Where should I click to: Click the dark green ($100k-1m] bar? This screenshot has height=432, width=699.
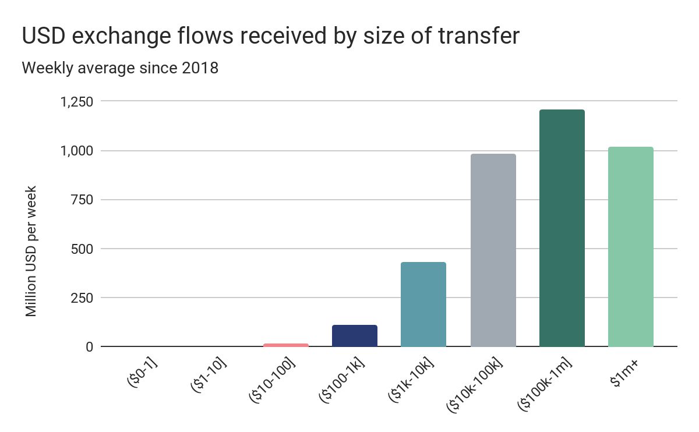(x=562, y=228)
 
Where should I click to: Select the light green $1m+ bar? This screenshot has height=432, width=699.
(x=630, y=247)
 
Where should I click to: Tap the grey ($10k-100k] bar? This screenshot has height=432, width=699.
(x=493, y=250)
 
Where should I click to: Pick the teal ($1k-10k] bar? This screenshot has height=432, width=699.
(x=423, y=304)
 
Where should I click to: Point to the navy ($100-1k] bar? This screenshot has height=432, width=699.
(x=355, y=336)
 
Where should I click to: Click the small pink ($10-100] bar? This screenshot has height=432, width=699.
(x=286, y=345)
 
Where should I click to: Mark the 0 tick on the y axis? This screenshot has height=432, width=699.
(x=89, y=347)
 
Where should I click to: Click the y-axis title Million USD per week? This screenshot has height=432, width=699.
(x=31, y=252)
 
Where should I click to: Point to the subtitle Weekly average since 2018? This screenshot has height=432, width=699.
(x=120, y=68)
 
